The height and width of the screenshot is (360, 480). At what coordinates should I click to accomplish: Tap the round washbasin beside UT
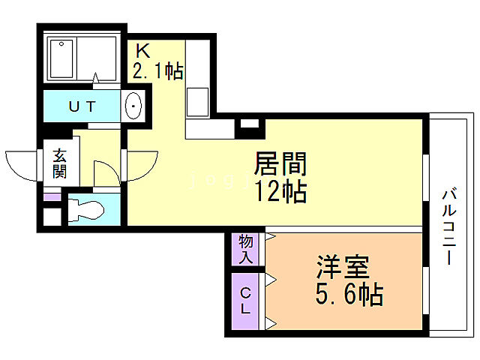click(x=133, y=107)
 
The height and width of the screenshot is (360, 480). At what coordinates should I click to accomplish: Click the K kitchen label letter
click(x=142, y=51)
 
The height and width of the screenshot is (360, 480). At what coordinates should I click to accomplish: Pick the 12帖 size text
click(x=282, y=192)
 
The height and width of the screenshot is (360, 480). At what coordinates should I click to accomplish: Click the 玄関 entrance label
click(x=59, y=163)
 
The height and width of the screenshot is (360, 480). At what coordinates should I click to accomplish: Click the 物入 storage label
click(x=244, y=249)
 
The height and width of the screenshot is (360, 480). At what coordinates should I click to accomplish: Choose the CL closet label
click(x=244, y=299)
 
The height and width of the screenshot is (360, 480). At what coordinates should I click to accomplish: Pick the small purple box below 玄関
click(x=52, y=197)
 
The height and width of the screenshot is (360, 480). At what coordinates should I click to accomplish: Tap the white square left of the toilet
click(x=52, y=215)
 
